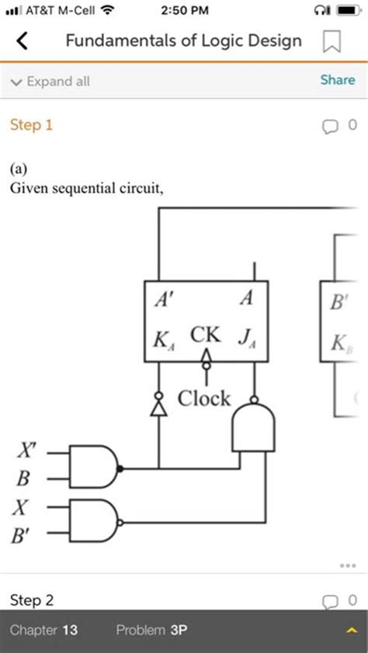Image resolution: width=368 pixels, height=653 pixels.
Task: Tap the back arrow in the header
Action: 23,41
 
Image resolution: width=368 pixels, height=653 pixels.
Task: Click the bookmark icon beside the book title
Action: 331,42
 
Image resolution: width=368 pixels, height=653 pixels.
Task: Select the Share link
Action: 338,80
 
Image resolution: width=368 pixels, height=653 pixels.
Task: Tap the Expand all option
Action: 51,82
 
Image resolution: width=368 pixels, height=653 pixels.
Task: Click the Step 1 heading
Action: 31,124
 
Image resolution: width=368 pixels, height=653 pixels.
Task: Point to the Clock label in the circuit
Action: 204,398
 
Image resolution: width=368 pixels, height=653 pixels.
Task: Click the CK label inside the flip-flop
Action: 206,335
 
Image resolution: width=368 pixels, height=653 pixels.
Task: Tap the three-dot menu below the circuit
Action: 347,564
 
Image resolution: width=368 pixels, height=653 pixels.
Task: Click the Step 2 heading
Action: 31,600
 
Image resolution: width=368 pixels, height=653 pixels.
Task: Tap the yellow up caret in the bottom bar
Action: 349,631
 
